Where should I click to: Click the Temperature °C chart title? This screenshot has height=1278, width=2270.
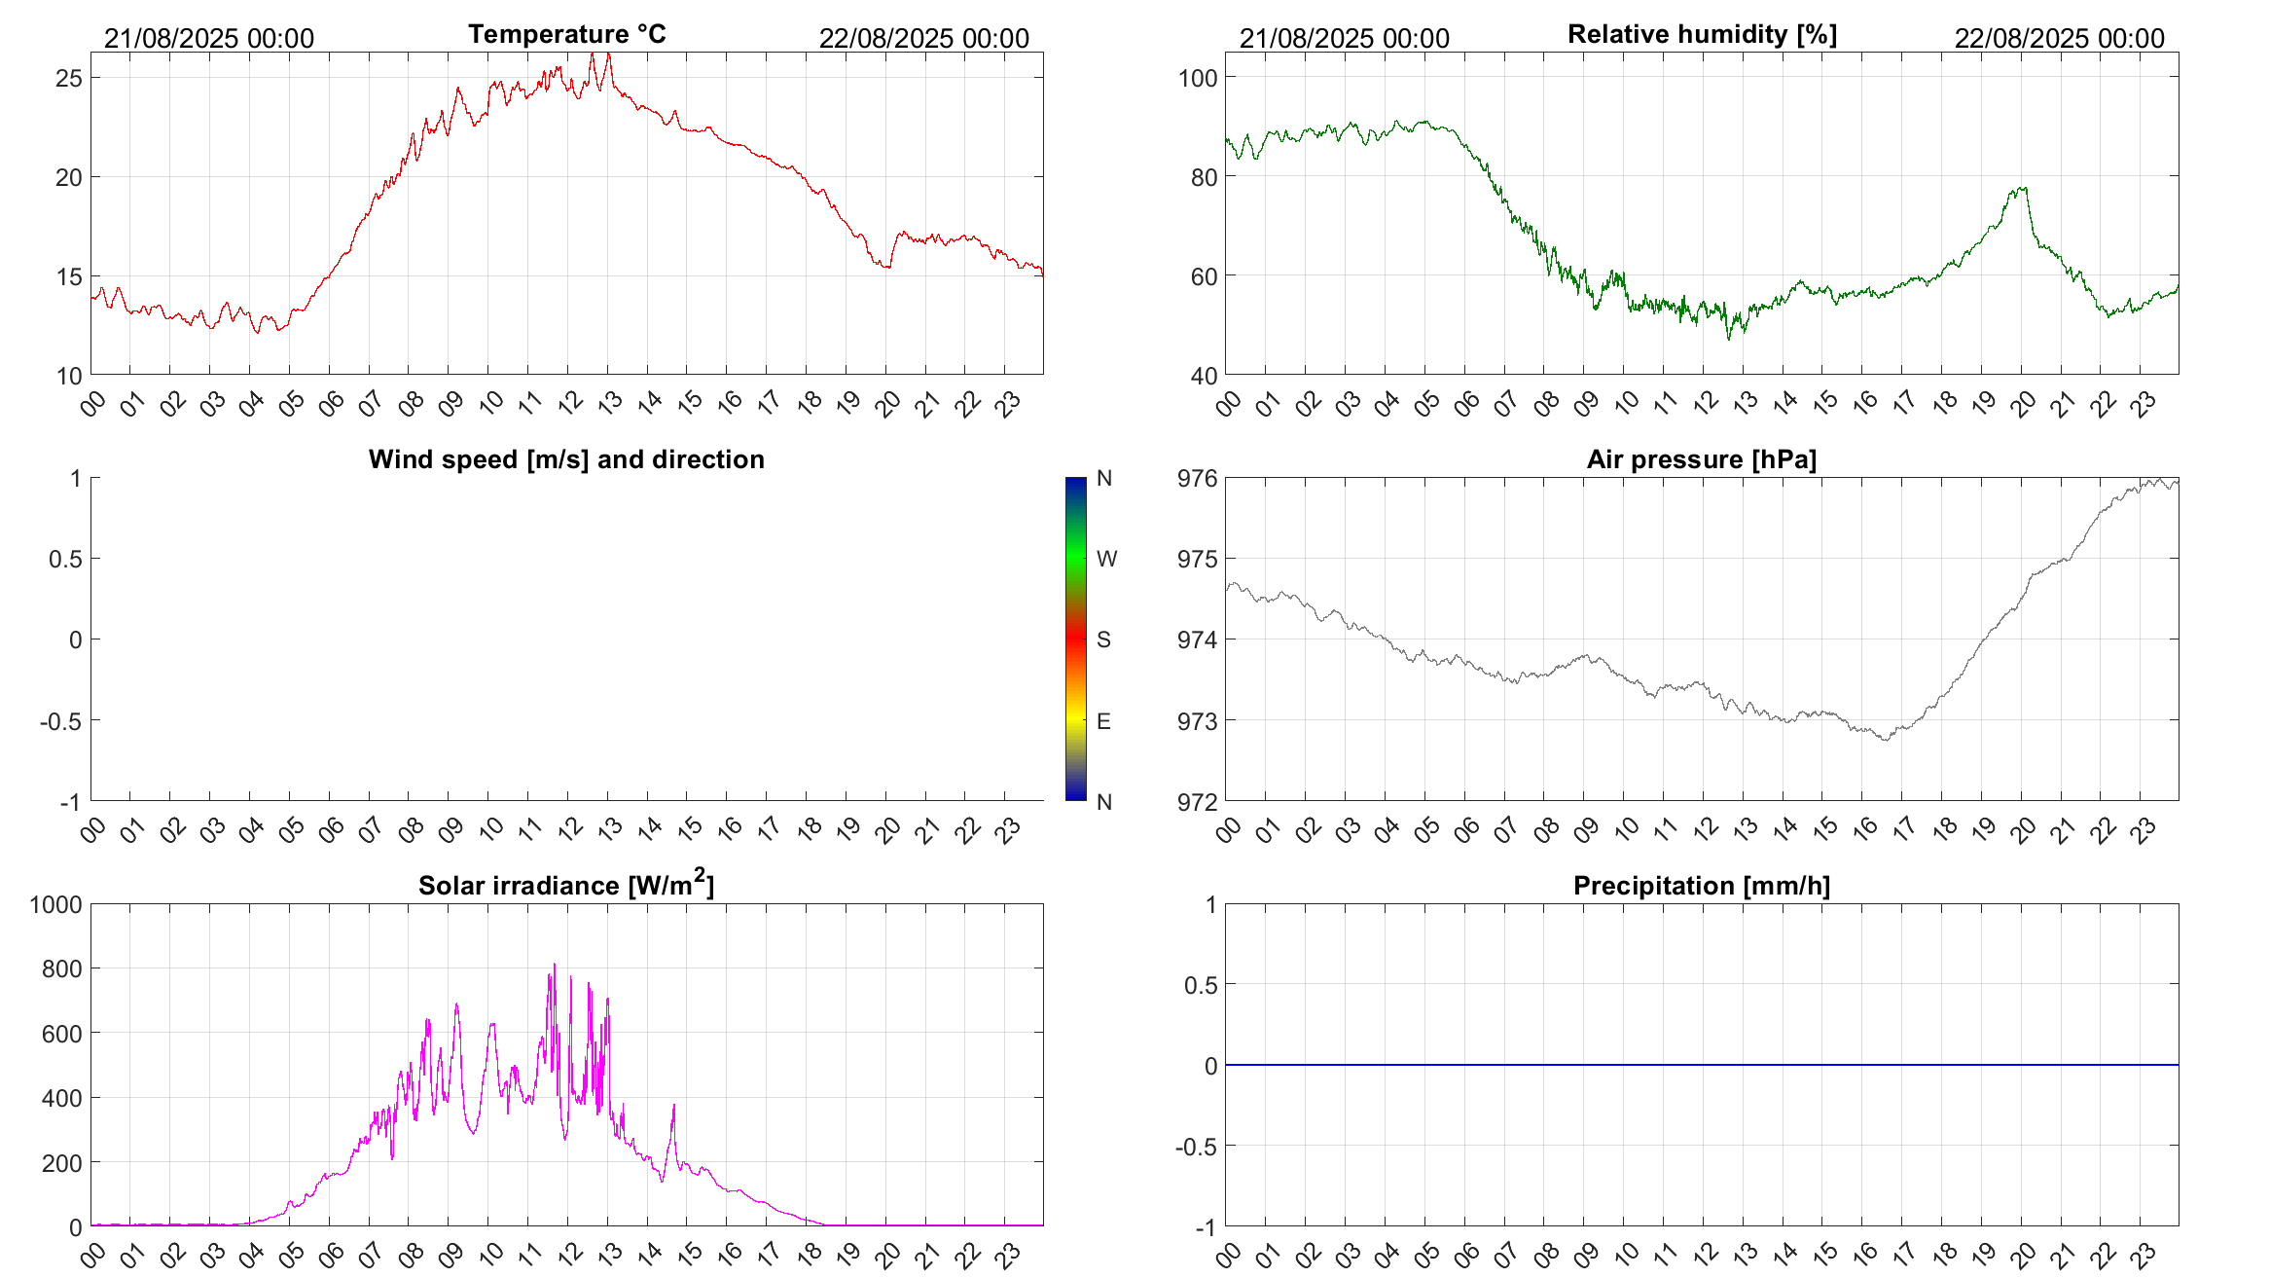(x=566, y=34)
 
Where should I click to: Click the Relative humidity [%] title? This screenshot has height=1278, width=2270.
(x=1702, y=34)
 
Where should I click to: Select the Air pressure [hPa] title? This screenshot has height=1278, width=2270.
(x=1701, y=459)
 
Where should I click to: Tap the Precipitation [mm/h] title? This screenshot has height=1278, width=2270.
(x=1701, y=886)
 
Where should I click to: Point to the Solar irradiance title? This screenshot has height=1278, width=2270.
(x=566, y=885)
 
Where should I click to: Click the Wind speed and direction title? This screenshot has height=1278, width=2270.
(x=566, y=459)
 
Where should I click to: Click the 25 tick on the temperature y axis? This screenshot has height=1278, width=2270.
(x=69, y=78)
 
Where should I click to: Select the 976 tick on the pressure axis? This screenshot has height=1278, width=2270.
(x=1197, y=478)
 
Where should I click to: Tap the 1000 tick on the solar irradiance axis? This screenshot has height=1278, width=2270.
(x=56, y=904)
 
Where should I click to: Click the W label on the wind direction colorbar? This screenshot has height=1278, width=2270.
(x=1106, y=559)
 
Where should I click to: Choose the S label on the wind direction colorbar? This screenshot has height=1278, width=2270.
(x=1103, y=639)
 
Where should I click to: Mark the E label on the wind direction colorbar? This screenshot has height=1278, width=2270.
(x=1103, y=721)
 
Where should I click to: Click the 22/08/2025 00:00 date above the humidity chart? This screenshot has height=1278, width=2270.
(x=2059, y=38)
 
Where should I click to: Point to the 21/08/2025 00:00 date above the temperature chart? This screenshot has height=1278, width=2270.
(x=209, y=38)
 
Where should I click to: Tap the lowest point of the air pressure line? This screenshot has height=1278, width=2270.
(x=1887, y=740)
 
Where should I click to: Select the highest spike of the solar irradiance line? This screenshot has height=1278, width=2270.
(x=555, y=965)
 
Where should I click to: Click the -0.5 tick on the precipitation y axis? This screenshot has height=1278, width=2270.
(x=1196, y=1147)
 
